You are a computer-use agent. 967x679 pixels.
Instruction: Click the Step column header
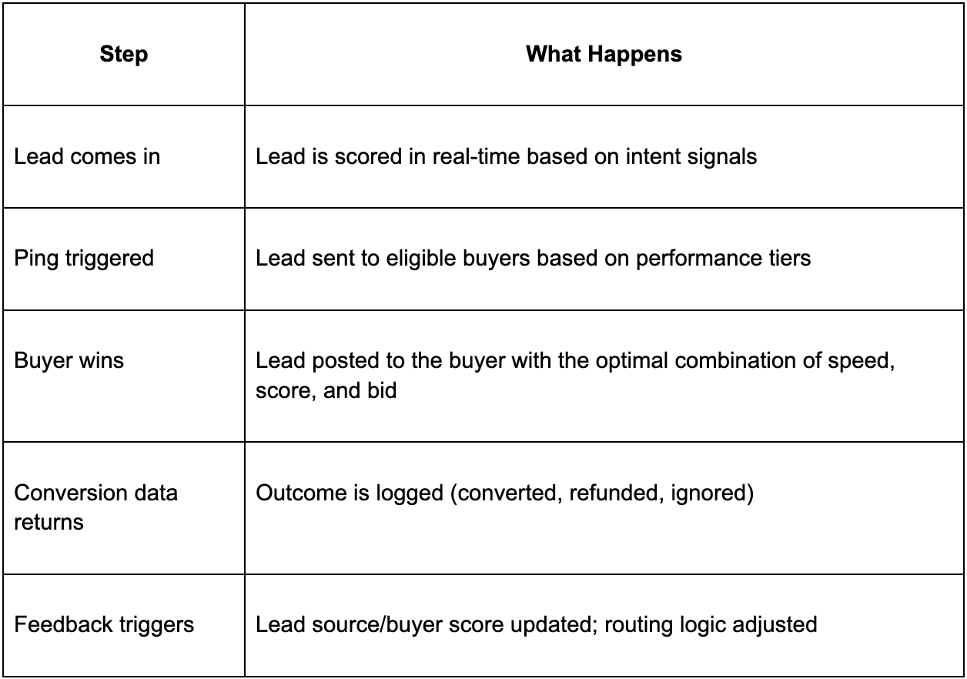coord(123,55)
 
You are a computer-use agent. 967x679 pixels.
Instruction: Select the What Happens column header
coord(604,54)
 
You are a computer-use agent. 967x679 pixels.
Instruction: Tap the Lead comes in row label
coord(87,156)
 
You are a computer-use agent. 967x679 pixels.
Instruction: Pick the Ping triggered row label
coord(84,258)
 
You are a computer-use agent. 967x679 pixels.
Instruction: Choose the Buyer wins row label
coord(69,360)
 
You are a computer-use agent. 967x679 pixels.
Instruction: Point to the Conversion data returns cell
coord(95,507)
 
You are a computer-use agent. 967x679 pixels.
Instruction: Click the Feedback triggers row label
coord(104,624)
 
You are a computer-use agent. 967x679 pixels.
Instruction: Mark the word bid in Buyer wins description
coord(381,390)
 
